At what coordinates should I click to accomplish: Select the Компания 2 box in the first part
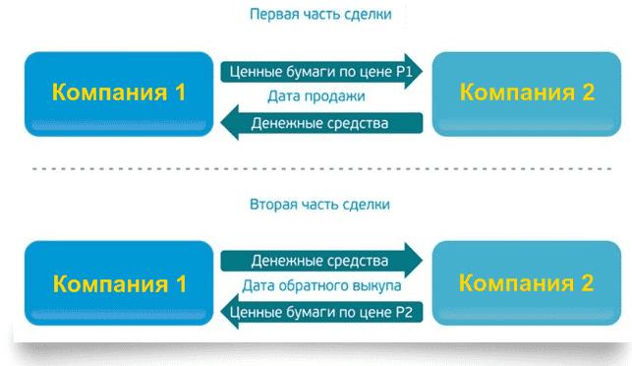pos(527,93)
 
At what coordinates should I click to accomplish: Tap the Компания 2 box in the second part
pos(527,284)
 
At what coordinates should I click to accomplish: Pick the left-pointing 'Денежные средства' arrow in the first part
pos(319,123)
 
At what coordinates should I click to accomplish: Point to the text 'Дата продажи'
pos(316,97)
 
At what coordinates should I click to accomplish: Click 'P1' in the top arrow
pos(398,73)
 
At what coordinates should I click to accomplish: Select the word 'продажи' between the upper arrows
pos(339,97)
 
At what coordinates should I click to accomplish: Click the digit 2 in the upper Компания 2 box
pos(586,93)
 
